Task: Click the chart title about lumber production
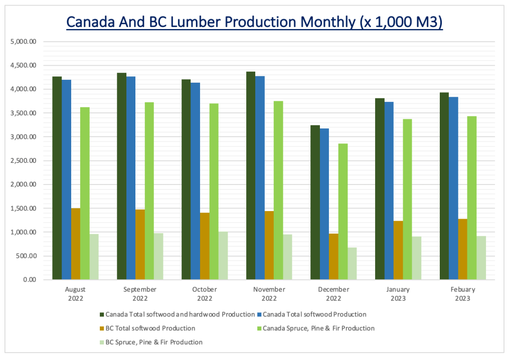(254, 23)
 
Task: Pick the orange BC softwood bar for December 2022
(334, 257)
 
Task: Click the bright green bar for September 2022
(149, 191)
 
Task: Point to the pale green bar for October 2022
(223, 256)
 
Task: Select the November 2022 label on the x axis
(269, 294)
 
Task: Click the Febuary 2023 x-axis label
(463, 294)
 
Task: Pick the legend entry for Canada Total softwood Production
(314, 315)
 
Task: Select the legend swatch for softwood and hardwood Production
(102, 315)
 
